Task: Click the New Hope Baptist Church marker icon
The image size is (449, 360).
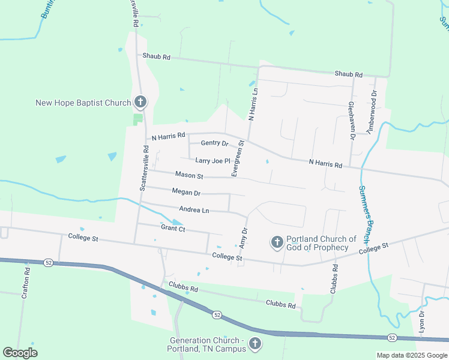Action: tap(140, 102)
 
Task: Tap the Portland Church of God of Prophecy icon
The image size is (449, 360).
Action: tap(277, 242)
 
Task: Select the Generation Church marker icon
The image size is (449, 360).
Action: tap(255, 344)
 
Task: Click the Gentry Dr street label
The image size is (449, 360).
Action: tap(214, 143)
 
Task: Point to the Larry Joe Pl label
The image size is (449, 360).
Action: tap(213, 160)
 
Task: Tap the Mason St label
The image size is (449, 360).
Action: tap(190, 176)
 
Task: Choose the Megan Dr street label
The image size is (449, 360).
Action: tap(186, 193)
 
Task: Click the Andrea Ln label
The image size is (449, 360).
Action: tap(194, 209)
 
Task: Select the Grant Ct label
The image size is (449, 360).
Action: tap(173, 228)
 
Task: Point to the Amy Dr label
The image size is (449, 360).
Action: tap(244, 239)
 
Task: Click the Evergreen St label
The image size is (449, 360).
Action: tap(238, 158)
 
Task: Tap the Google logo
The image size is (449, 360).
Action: tap(20, 353)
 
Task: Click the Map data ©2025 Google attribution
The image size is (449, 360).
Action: tap(412, 355)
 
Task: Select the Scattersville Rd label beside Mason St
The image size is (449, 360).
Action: tap(144, 167)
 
